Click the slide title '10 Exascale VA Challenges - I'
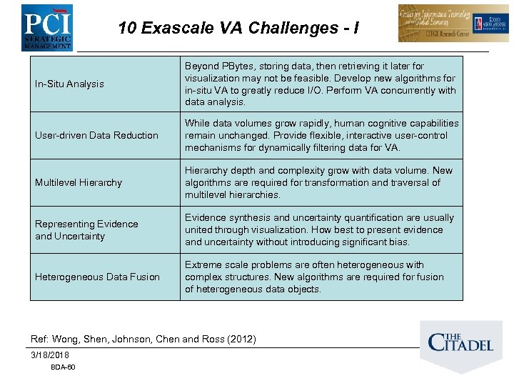[238, 28]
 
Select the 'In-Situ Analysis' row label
[69, 84]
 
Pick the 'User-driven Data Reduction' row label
[96, 135]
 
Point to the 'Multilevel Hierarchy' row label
[79, 182]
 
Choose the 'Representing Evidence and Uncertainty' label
[86, 230]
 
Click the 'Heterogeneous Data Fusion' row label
[97, 277]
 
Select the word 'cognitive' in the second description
[379, 124]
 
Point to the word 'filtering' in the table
[321, 147]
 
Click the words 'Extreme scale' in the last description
[215, 264]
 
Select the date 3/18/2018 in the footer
[50, 355]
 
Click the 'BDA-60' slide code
[63, 367]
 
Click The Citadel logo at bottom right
[460, 342]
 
